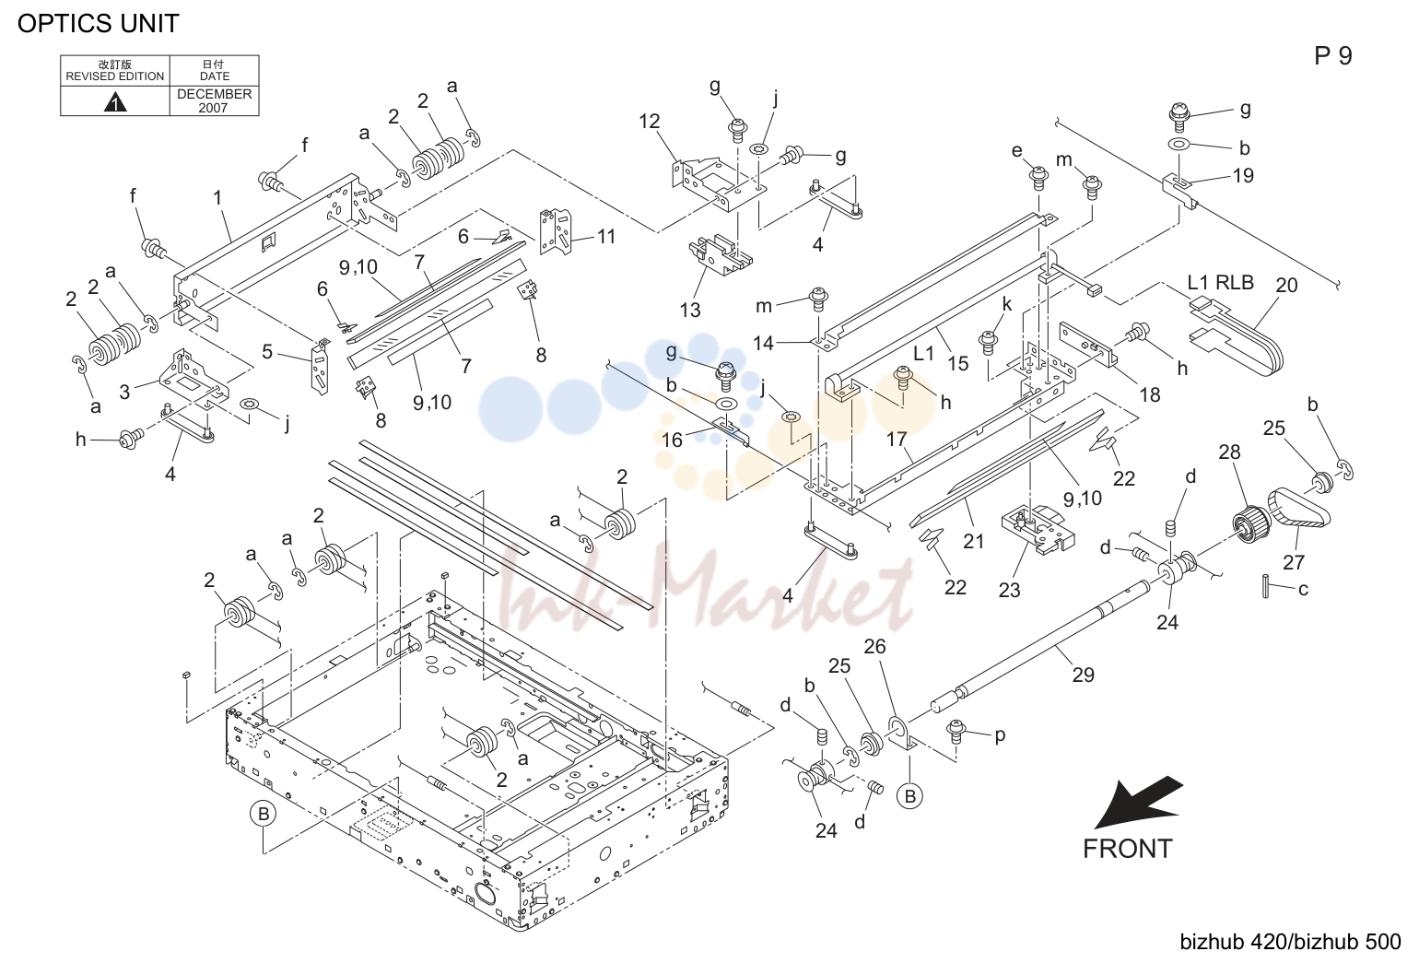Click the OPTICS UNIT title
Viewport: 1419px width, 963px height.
pos(99,24)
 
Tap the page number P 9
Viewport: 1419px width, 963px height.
pos(1332,56)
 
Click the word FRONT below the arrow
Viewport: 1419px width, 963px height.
pos(1128,849)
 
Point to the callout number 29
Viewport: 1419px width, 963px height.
pos(1084,675)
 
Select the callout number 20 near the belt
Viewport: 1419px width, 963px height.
pos(1286,285)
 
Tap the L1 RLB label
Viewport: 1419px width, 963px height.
pos(1220,283)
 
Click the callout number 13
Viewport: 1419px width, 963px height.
pos(690,310)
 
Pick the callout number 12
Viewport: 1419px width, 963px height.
pos(650,121)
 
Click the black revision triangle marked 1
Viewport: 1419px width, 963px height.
pos(114,102)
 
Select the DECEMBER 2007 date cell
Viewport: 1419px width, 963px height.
pos(214,100)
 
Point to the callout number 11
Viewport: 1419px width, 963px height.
pos(606,237)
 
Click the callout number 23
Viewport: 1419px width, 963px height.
pos(1010,591)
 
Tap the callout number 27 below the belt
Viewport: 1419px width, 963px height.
pos(1294,562)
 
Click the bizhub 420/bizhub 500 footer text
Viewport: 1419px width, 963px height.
pos(1290,942)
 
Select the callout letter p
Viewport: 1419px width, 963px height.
pos(1000,736)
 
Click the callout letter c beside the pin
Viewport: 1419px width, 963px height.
pos(1303,590)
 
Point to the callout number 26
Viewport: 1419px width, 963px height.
pos(874,647)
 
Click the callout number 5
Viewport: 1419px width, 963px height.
pos(267,352)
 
